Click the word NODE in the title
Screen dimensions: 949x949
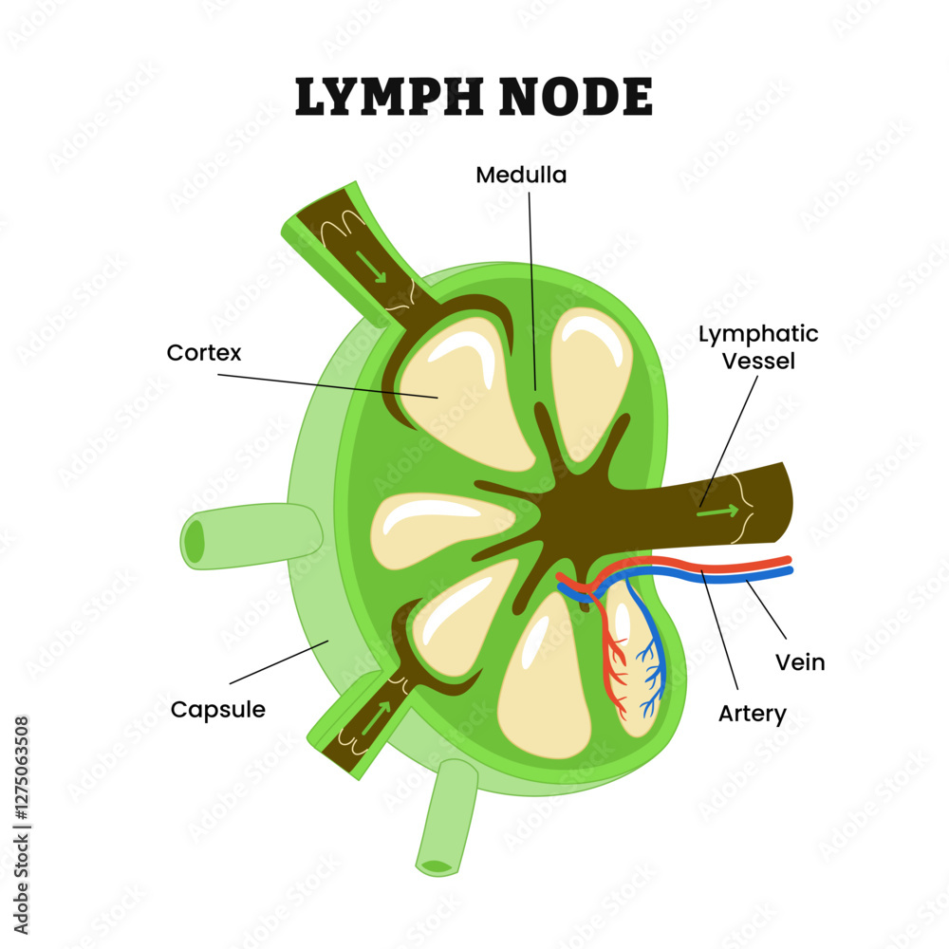[581, 97]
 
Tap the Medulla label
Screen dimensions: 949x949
[521, 176]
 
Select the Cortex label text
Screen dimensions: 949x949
[204, 353]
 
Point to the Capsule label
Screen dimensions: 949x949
[217, 709]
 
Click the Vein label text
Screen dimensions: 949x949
[800, 662]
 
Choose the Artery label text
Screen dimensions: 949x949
[753, 713]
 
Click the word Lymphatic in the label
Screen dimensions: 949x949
[758, 334]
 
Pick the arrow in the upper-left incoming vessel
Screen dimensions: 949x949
[371, 265]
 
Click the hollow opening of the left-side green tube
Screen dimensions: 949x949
[194, 542]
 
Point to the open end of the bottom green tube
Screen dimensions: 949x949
[437, 865]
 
